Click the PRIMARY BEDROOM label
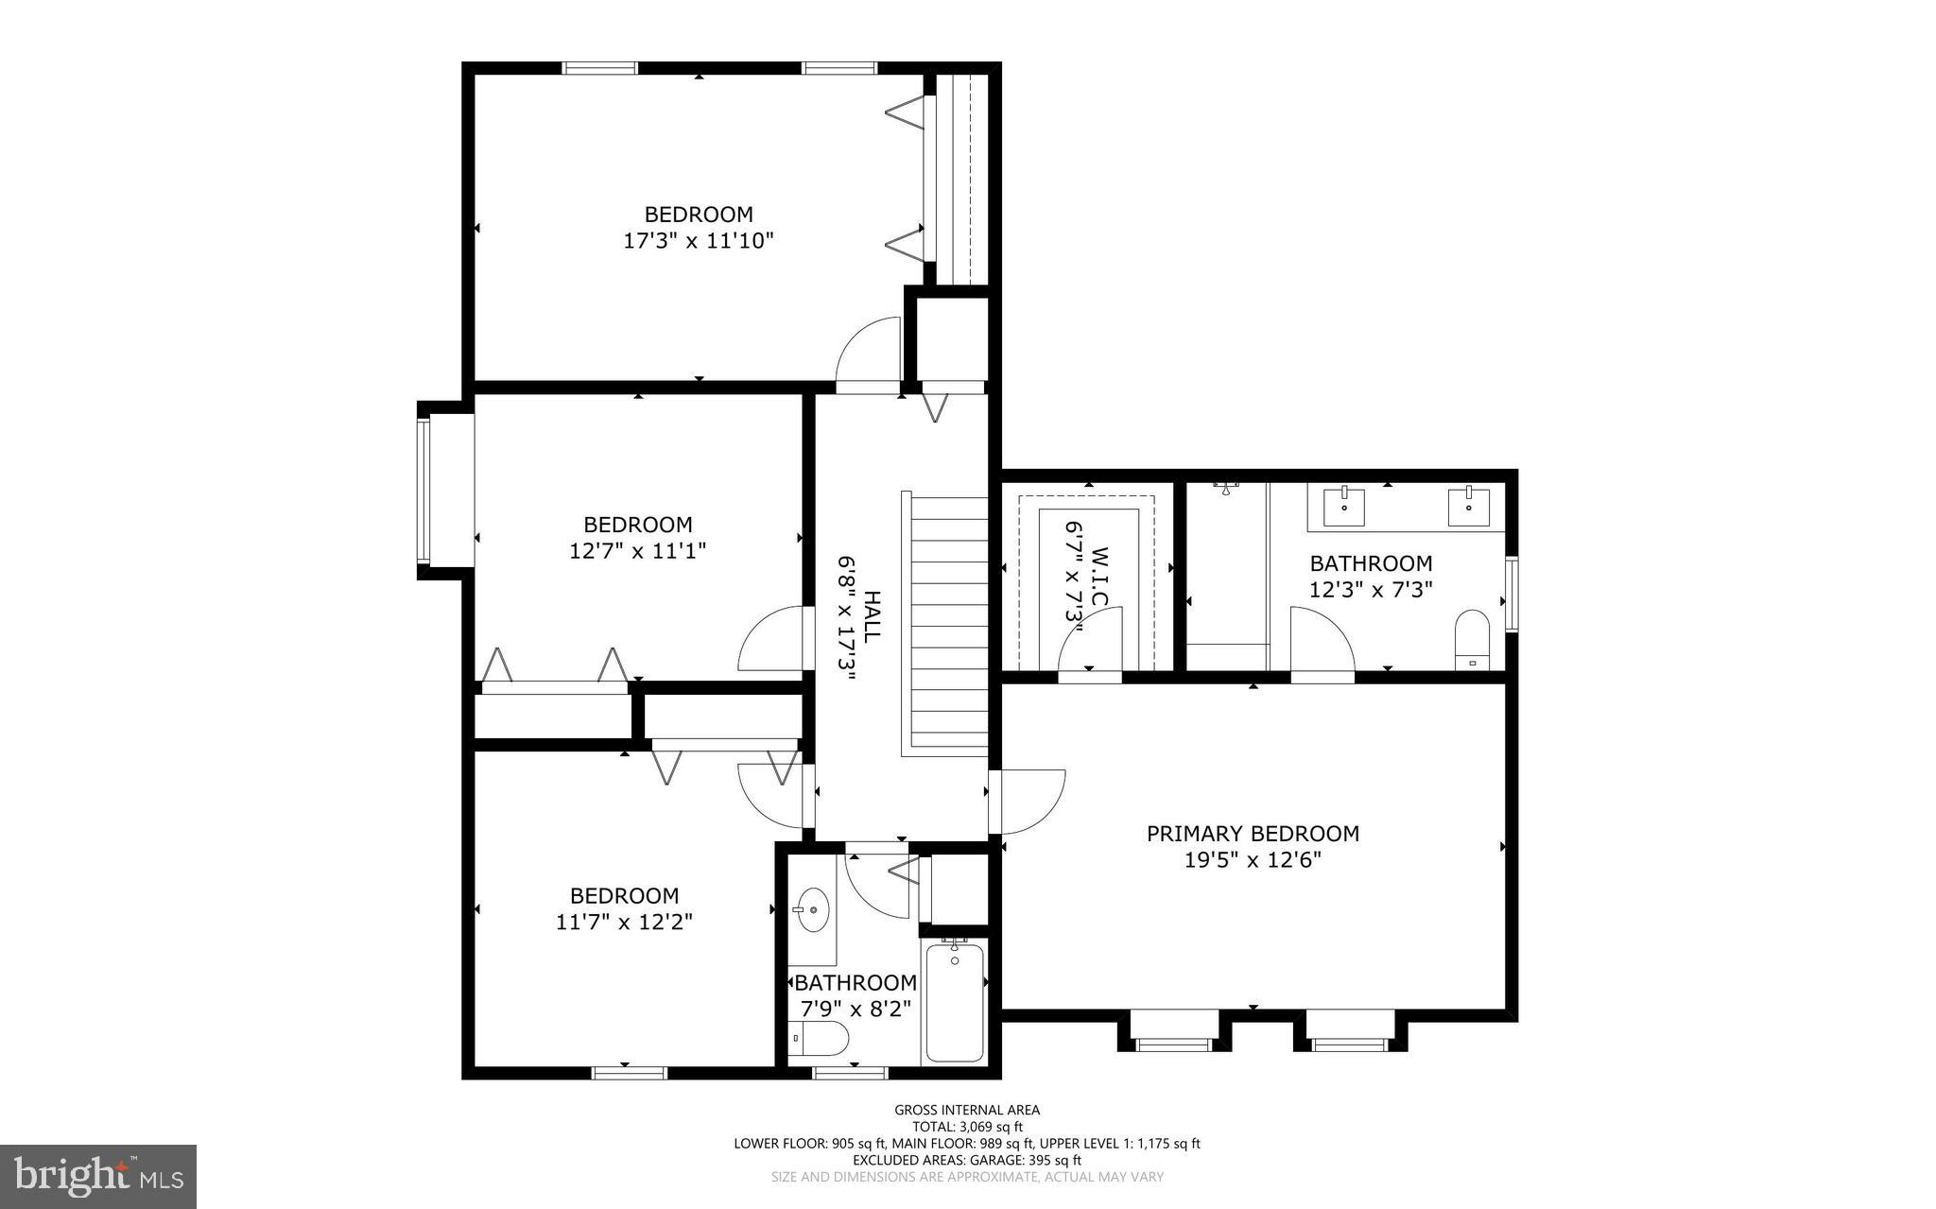1253,834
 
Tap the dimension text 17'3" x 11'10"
698,241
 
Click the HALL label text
872,615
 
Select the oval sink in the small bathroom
811,909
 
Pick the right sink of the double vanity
1468,506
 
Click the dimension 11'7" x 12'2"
624,922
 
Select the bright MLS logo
98,1176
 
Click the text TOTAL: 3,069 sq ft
967,1127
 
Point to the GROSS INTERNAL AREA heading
967,1110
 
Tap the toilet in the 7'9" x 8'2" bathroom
821,1038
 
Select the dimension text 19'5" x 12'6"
1253,860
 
